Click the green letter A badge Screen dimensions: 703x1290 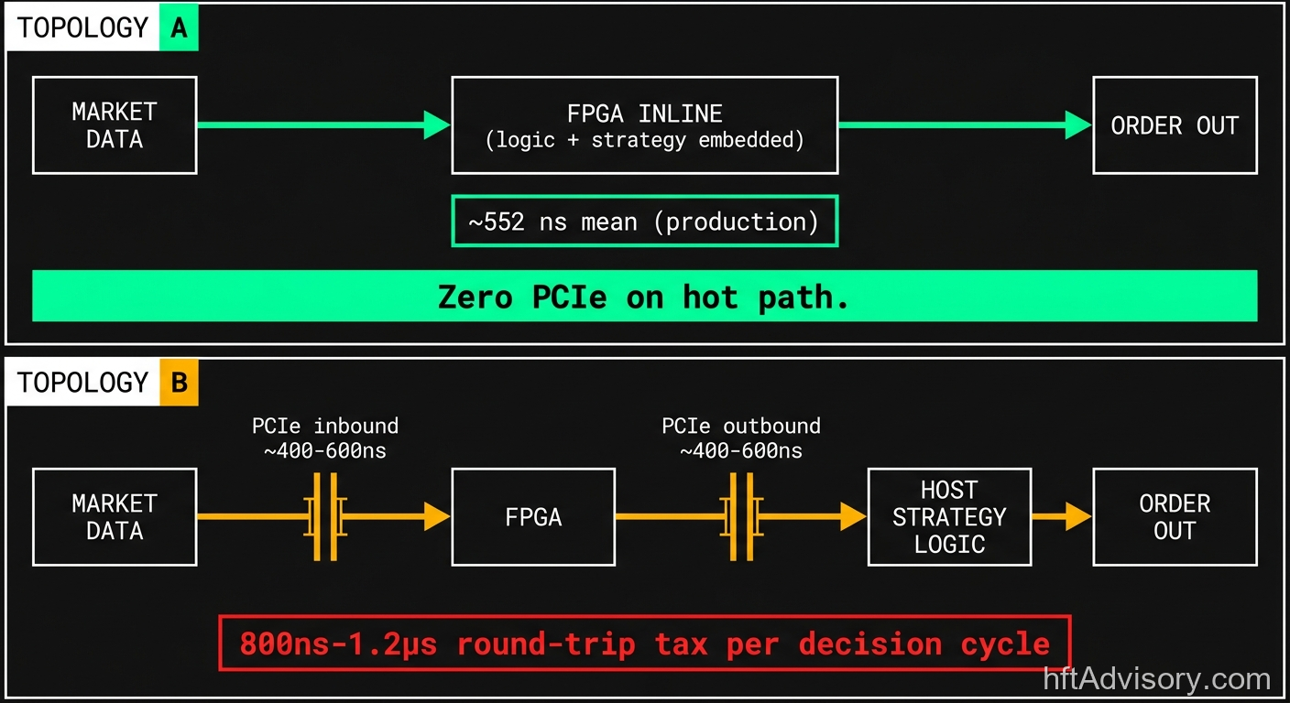click(x=179, y=28)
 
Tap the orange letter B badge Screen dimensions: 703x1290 click(x=179, y=382)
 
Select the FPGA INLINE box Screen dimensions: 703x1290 click(x=644, y=125)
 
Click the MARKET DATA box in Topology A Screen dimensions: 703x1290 click(x=115, y=125)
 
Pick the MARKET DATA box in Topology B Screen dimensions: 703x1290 click(x=115, y=517)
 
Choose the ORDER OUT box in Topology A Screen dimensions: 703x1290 click(x=1175, y=125)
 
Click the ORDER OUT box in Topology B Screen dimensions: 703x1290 click(x=1175, y=517)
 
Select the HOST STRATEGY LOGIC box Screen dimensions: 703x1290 click(x=949, y=517)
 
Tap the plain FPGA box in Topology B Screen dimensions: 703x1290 click(x=533, y=517)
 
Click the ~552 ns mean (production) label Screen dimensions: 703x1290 click(x=644, y=222)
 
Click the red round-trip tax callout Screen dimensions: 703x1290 click(x=644, y=644)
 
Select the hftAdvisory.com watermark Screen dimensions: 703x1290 click(x=1157, y=679)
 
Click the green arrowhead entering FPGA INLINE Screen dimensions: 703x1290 click(x=437, y=125)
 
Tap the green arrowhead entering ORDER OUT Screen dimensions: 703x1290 click(x=1078, y=125)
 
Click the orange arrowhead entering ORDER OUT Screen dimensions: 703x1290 click(x=1078, y=517)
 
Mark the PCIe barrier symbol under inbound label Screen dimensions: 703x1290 click(x=324, y=517)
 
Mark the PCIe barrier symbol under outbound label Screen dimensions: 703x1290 click(x=740, y=517)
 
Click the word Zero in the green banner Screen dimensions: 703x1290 click(x=475, y=297)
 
